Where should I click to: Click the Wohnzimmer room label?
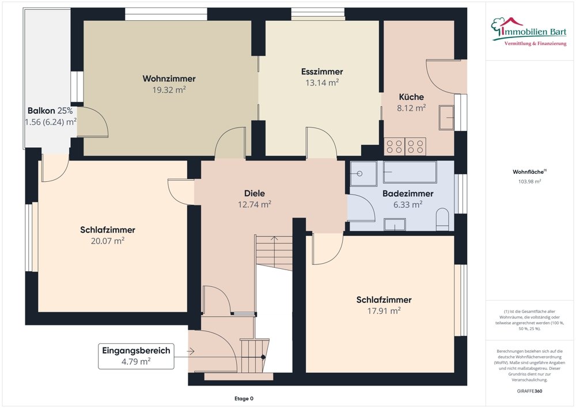(x=169, y=78)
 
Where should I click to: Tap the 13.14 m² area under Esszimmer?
(x=321, y=83)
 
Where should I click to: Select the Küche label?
(x=411, y=97)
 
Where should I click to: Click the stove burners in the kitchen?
(x=406, y=146)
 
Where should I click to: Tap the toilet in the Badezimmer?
(x=442, y=220)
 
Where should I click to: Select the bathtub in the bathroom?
(x=410, y=172)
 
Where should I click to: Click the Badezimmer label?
(x=408, y=193)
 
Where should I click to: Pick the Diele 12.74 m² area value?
(x=254, y=204)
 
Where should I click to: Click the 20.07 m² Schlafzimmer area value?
(x=107, y=241)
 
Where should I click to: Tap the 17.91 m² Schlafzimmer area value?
(x=384, y=310)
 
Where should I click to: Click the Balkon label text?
(x=41, y=110)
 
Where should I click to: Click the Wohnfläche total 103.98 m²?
(x=530, y=181)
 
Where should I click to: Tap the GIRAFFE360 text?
(x=530, y=391)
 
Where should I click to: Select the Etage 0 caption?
(x=243, y=399)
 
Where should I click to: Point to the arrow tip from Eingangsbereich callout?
(x=194, y=351)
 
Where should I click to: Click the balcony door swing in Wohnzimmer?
(x=92, y=122)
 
